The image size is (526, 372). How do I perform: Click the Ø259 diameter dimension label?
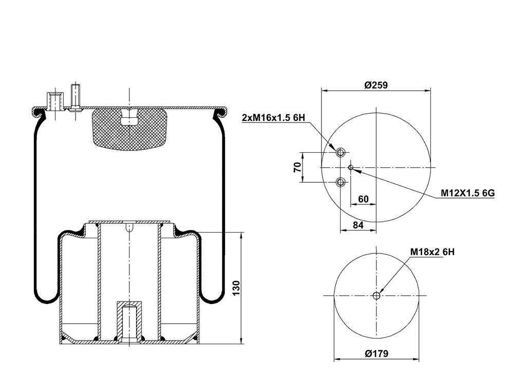tap(375, 85)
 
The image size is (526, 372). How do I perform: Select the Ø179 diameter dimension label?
tap(377, 353)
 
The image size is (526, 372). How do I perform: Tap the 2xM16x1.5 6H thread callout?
tap(273, 118)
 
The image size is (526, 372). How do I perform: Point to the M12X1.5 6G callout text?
tap(467, 193)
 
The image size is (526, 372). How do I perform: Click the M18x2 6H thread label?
tap(433, 252)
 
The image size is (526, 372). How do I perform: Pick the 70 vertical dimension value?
tap(297, 167)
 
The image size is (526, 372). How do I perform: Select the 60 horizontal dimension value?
tap(363, 199)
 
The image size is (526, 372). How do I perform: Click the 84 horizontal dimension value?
tap(358, 225)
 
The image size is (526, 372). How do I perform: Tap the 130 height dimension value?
tap(236, 288)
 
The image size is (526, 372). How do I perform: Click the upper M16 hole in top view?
tap(341, 153)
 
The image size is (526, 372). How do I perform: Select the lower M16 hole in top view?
tap(341, 183)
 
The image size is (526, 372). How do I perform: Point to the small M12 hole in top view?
tap(351, 167)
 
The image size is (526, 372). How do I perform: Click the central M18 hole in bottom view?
tap(377, 296)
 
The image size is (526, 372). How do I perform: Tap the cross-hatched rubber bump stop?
tap(129, 129)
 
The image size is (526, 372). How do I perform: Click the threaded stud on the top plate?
tap(76, 97)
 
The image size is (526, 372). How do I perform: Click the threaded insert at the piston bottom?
tap(129, 322)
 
